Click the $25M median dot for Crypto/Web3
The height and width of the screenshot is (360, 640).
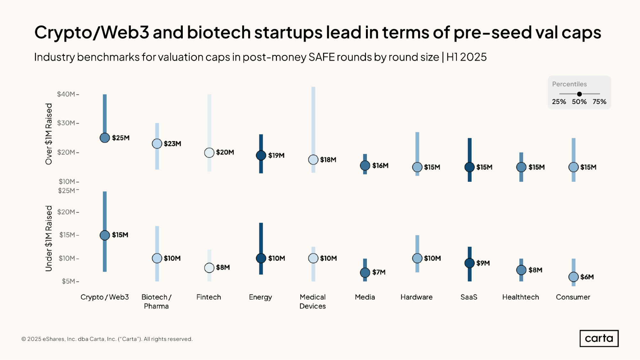(x=105, y=138)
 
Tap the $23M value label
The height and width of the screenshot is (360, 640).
(x=172, y=144)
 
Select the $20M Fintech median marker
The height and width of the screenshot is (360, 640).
(x=209, y=153)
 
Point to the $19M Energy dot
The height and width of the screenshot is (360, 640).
(x=261, y=155)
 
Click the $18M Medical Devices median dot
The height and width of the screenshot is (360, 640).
(x=313, y=159)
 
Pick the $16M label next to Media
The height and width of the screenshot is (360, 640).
(x=380, y=165)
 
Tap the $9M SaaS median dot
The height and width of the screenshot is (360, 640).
(x=469, y=263)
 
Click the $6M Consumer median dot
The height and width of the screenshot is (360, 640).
(x=573, y=277)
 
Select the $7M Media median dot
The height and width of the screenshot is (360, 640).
(x=365, y=272)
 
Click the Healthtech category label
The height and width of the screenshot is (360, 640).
(x=521, y=297)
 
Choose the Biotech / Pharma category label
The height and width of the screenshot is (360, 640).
(x=156, y=301)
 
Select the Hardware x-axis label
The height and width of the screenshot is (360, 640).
(x=417, y=297)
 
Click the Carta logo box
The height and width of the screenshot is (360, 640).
(x=599, y=338)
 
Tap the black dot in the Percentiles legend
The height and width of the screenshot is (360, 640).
(x=579, y=94)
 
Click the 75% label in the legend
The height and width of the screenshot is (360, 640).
(x=599, y=102)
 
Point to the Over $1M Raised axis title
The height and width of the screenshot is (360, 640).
(x=49, y=134)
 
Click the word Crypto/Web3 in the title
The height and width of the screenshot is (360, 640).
(x=92, y=32)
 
